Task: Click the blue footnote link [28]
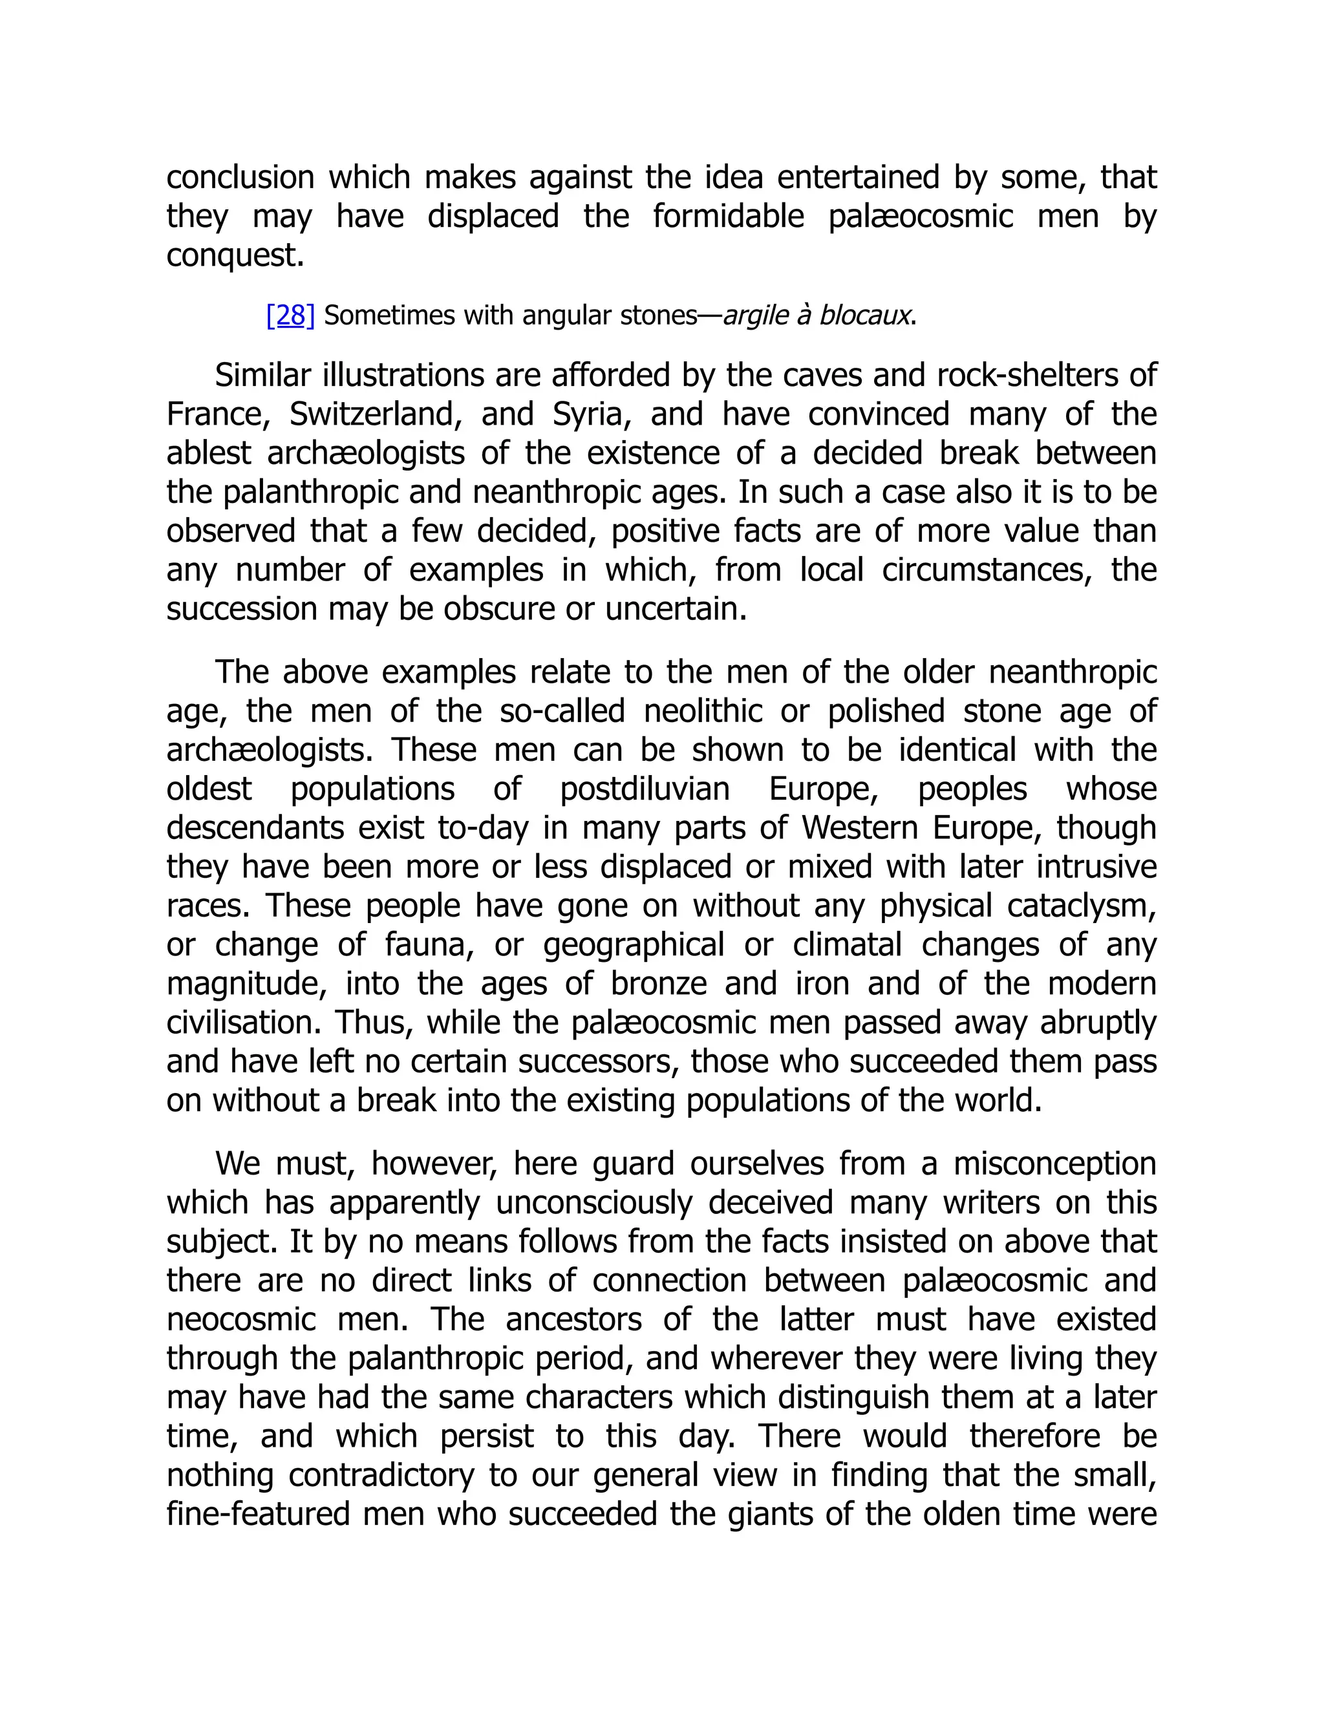tap(290, 315)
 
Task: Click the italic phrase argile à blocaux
tap(818, 315)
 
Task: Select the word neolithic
tap(703, 712)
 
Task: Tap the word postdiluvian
tap(645, 789)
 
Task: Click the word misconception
tap(1054, 1163)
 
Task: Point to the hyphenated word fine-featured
tap(258, 1514)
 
